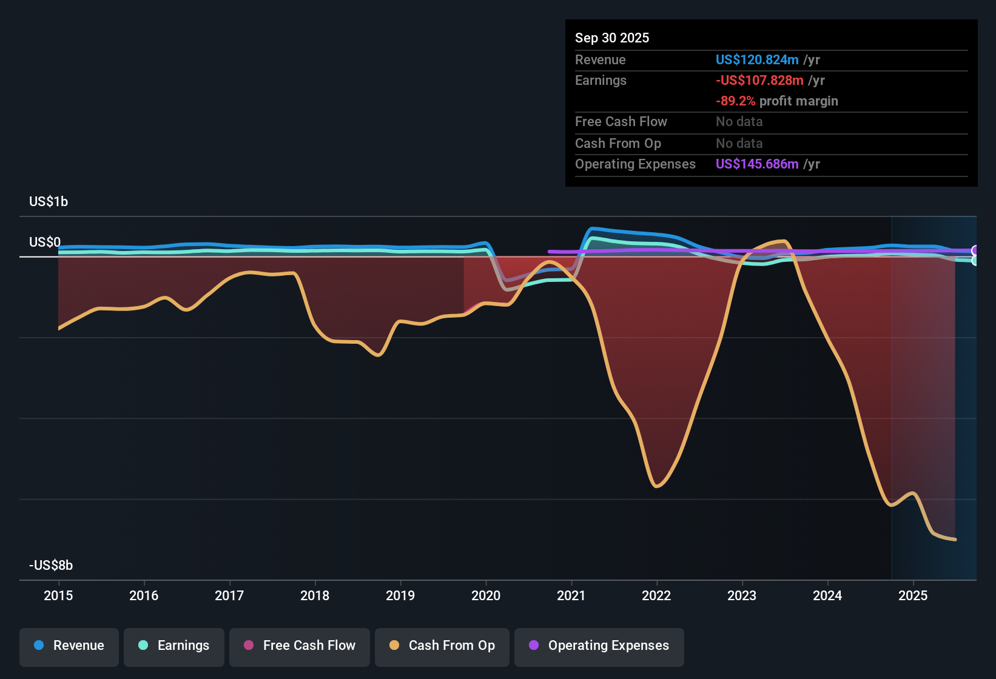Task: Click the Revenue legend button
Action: tap(69, 646)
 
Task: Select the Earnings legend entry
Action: tap(173, 646)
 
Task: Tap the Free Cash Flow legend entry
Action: tap(299, 646)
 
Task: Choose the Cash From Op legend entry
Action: tap(442, 646)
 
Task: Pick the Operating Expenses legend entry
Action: tap(599, 646)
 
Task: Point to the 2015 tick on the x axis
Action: tap(58, 595)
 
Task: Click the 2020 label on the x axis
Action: tap(486, 595)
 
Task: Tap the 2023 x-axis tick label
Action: tap(742, 595)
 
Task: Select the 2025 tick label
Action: tap(913, 595)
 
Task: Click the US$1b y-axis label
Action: tap(49, 201)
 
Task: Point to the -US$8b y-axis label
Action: tap(51, 565)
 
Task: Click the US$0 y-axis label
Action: tap(45, 242)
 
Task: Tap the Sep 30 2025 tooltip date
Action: tap(611, 38)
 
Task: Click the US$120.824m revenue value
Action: tap(756, 59)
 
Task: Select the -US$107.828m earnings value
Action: tap(759, 80)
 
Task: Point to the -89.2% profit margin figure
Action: tap(735, 101)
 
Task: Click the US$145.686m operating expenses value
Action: tap(756, 164)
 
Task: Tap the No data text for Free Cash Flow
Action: tap(739, 121)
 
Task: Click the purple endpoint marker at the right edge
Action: tap(975, 250)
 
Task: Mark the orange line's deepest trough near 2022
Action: tap(657, 486)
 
